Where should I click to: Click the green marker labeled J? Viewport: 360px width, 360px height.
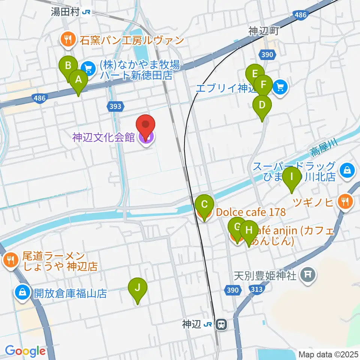pyautogui.click(x=137, y=289)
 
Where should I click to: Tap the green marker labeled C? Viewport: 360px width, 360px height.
pyautogui.click(x=204, y=205)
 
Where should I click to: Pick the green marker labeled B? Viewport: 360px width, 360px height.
pyautogui.click(x=68, y=66)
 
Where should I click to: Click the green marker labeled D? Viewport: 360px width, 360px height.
pyautogui.click(x=262, y=105)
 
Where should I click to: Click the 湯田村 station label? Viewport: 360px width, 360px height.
pyautogui.click(x=66, y=12)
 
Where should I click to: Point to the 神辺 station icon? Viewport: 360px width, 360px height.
pyautogui.click(x=222, y=324)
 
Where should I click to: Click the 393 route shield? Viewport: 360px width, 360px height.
pyautogui.click(x=116, y=106)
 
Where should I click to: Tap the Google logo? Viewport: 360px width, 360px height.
pyautogui.click(x=25, y=351)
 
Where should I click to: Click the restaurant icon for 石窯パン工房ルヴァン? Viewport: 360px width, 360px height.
pyautogui.click(x=67, y=39)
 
